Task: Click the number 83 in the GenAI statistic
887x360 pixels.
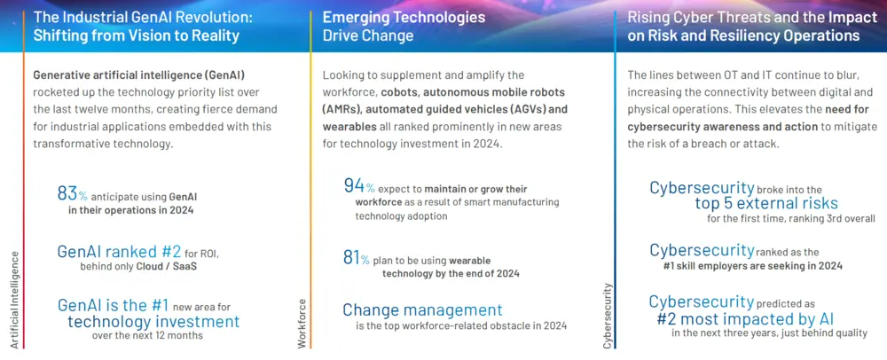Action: tap(67, 193)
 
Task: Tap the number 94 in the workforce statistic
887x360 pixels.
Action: tap(354, 185)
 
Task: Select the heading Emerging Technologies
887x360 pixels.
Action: tap(404, 17)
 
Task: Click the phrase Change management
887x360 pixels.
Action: tap(422, 310)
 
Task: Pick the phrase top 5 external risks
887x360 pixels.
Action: tap(758, 202)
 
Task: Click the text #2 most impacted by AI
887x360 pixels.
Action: tap(745, 318)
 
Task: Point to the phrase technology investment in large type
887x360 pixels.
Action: tap(153, 321)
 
